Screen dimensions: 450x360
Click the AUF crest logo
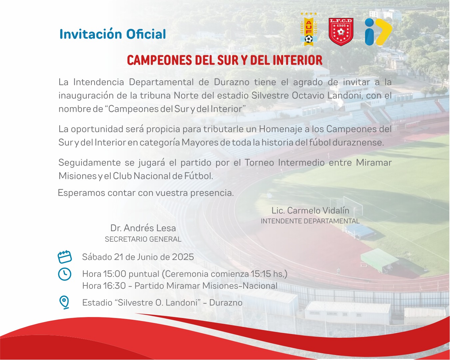click(x=309, y=29)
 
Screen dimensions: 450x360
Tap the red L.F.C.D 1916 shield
click(x=341, y=32)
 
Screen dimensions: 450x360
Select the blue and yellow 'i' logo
click(x=378, y=32)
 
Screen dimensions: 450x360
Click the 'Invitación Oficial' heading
click(x=113, y=34)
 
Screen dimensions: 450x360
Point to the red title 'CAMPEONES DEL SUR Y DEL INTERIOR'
click(x=225, y=60)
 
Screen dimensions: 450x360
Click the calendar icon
click(x=65, y=257)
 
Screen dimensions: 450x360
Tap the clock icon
click(x=65, y=274)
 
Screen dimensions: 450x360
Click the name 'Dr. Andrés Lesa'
click(x=143, y=228)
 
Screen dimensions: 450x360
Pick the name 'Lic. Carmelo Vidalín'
click(x=310, y=210)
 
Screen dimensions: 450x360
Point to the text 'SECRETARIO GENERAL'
click(x=143, y=239)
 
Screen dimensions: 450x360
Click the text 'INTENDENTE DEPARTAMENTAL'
click(x=310, y=221)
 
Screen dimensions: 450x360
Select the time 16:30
click(x=114, y=286)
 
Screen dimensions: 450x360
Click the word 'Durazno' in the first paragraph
click(x=231, y=82)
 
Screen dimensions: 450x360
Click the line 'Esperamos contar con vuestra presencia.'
click(x=146, y=193)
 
